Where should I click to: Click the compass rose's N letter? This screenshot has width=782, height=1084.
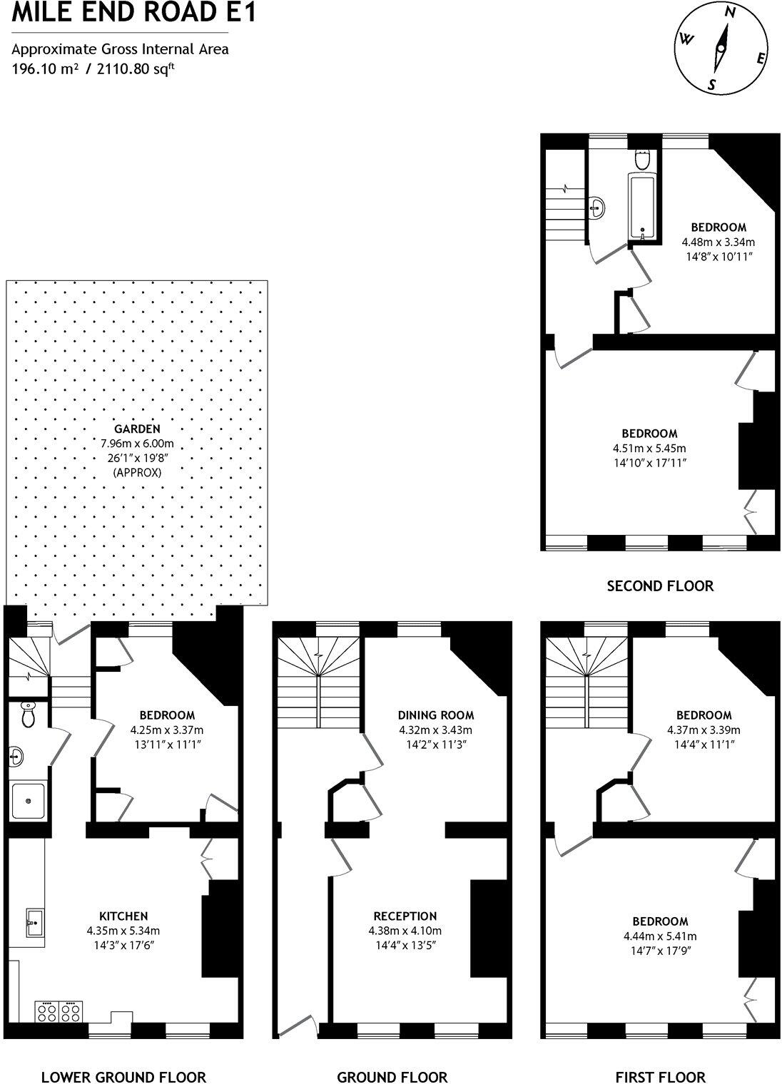click(x=729, y=31)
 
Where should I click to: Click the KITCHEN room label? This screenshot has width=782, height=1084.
click(x=123, y=916)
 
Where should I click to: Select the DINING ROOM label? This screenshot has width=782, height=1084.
click(x=436, y=715)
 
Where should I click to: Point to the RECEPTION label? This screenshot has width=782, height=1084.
click(x=405, y=916)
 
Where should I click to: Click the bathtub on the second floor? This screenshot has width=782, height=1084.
click(x=642, y=206)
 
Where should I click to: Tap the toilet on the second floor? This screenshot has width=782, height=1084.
click(x=642, y=160)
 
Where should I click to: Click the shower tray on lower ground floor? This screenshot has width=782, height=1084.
click(x=28, y=801)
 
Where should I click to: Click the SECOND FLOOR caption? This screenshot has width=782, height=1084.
click(x=660, y=586)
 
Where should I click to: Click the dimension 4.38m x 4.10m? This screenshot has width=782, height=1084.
click(x=405, y=931)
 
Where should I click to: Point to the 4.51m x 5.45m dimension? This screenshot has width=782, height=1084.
click(x=649, y=449)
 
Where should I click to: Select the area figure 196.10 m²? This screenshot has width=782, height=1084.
click(x=42, y=69)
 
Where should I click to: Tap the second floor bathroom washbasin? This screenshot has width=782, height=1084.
click(x=598, y=208)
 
